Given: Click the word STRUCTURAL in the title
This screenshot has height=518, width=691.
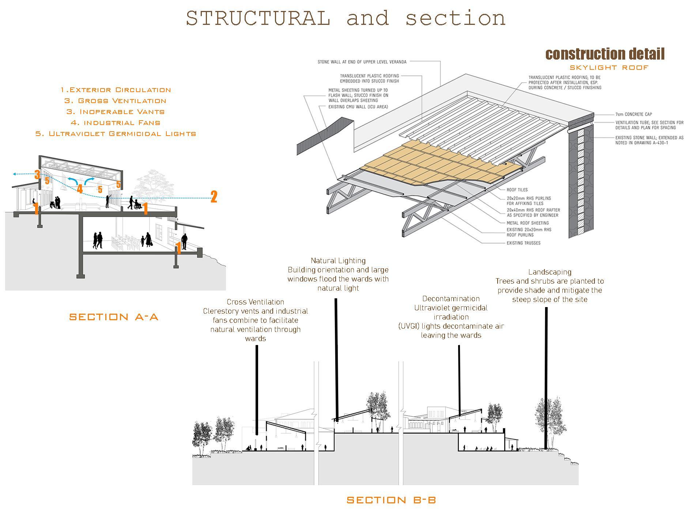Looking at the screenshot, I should (258, 18).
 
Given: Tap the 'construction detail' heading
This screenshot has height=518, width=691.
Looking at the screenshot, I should (605, 54).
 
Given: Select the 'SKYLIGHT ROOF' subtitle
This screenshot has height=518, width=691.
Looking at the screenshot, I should (609, 68).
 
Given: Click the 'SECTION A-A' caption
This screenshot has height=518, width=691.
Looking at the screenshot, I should (114, 317).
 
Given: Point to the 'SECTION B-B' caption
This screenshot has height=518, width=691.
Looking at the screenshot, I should (391, 500).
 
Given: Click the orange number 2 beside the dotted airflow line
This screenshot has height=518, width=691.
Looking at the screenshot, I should (214, 197).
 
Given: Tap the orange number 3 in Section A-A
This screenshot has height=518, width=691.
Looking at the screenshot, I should (37, 174).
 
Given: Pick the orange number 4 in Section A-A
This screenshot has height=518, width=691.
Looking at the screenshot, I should (80, 189).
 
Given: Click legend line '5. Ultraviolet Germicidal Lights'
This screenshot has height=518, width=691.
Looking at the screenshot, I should (116, 134).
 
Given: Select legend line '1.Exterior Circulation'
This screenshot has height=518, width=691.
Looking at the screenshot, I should (116, 90).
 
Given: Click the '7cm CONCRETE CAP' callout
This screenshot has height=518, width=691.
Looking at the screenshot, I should (634, 114).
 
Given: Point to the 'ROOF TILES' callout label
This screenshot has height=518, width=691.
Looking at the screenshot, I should (517, 190).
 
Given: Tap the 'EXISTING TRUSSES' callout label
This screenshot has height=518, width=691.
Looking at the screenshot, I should (523, 243).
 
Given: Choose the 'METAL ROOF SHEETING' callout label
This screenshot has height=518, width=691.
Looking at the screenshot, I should (528, 223).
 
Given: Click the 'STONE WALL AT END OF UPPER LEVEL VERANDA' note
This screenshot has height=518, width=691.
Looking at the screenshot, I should (362, 62).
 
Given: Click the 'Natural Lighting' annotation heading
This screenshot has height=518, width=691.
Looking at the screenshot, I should (338, 261).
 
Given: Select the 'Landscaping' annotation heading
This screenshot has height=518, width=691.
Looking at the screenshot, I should (550, 272).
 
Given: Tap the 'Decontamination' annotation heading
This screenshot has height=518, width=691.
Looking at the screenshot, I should (451, 299).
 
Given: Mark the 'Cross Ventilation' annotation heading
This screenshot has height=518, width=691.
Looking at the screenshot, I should (255, 302).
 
